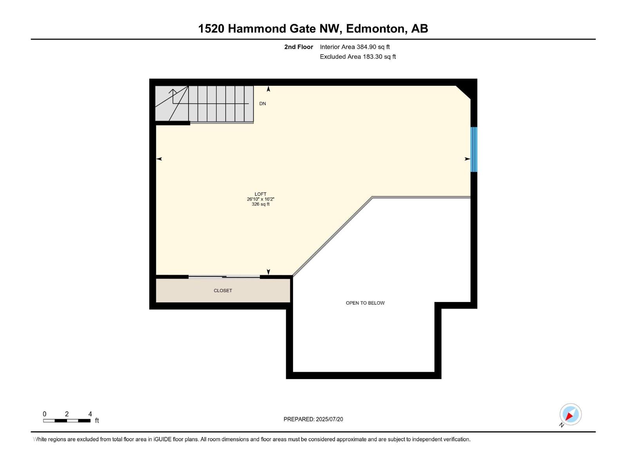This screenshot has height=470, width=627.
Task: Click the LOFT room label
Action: point(260,194)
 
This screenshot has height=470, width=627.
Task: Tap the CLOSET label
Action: point(223,291)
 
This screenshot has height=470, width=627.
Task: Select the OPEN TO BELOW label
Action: point(365,303)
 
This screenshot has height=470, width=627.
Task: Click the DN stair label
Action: point(263,104)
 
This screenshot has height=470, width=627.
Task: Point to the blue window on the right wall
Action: point(474,149)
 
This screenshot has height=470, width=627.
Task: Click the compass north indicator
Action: point(570,414)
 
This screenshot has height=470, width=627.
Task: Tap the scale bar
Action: point(67,421)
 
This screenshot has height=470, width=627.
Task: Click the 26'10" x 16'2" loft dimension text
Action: point(260,199)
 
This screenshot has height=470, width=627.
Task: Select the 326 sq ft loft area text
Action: point(260,204)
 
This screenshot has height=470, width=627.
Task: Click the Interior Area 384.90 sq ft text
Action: point(355,47)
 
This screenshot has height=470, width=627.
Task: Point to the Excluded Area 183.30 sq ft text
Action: point(357,57)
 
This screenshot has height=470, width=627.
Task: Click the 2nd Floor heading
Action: point(299,47)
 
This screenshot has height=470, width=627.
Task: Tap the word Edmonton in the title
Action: point(375,29)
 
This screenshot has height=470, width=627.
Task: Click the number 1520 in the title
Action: point(211,29)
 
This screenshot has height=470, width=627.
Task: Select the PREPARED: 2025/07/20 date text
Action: point(313,419)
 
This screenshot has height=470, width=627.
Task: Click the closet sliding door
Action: point(224,277)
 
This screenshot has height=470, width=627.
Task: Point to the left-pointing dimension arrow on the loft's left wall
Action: point(159,159)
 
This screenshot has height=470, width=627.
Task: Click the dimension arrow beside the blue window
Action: point(467,159)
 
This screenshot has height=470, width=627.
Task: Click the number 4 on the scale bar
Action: point(90,414)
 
